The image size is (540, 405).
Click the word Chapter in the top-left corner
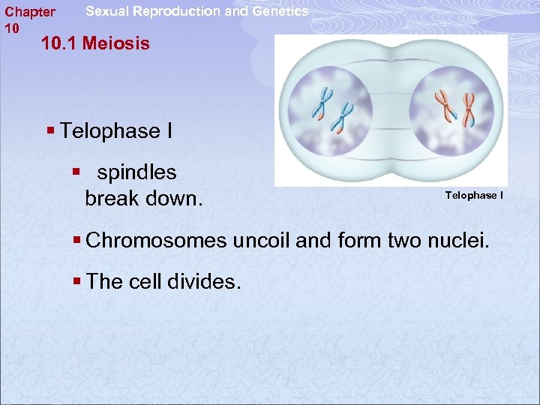tap(30, 12)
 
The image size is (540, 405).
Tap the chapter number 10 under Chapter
tap(11, 28)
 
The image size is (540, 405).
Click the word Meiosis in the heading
tap(116, 43)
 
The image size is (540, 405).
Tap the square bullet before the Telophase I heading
tap(50, 131)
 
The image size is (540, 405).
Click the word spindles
tap(137, 172)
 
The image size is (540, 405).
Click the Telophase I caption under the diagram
tap(474, 196)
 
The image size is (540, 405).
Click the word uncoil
tap(262, 241)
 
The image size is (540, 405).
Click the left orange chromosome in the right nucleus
tap(445, 104)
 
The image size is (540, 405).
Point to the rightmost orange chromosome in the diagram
tap(469, 109)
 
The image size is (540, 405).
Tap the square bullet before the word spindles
tap(76, 172)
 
